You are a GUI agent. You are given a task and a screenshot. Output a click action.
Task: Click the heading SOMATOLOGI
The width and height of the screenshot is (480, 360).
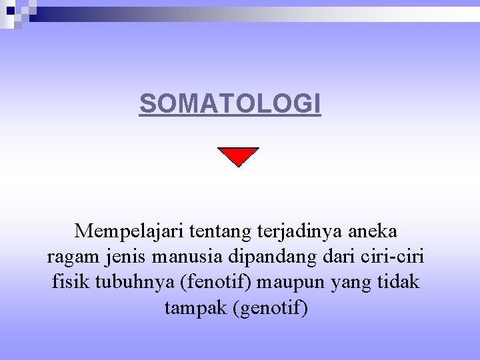[x=230, y=104]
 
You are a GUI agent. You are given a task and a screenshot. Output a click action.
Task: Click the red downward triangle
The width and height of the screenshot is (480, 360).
[x=238, y=156]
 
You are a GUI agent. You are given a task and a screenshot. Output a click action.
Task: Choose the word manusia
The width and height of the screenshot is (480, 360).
[x=186, y=257]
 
